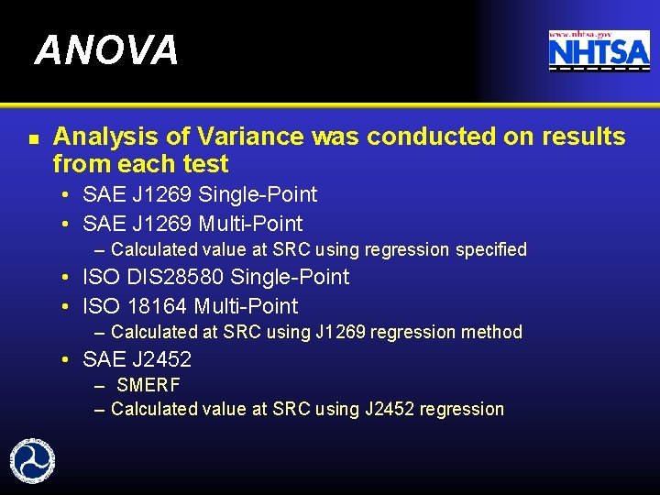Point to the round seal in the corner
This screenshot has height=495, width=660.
pos(31,460)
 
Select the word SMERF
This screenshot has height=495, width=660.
pos(148,385)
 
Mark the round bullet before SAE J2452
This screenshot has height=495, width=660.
pos(69,359)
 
